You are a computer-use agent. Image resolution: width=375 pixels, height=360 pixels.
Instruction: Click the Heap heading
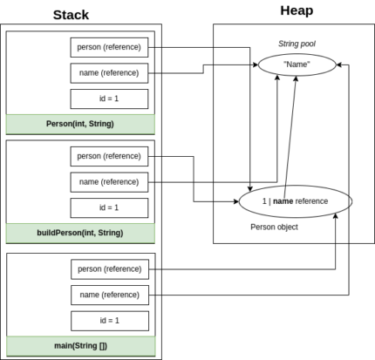point(297,10)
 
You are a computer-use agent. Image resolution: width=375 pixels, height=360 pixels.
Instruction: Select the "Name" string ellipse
point(297,64)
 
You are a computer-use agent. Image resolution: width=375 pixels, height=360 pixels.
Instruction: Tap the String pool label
point(297,42)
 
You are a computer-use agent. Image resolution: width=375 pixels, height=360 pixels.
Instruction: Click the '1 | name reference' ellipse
point(295,200)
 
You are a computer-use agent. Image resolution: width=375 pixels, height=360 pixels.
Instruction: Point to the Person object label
point(274,227)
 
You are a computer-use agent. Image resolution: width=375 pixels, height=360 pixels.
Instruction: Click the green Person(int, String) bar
point(80,124)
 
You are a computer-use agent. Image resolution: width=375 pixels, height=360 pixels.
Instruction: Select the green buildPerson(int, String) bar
point(80,233)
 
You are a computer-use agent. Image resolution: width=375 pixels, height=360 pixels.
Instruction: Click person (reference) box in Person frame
point(109,46)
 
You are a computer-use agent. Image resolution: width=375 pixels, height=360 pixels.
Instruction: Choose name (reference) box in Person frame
point(109,71)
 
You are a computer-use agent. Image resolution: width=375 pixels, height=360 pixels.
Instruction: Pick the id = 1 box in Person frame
point(109,98)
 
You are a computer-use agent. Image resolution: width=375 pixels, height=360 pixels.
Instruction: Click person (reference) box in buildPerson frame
point(109,156)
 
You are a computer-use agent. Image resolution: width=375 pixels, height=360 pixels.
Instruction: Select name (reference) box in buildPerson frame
point(109,181)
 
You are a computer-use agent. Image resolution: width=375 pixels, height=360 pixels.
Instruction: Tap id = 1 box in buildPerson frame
point(109,207)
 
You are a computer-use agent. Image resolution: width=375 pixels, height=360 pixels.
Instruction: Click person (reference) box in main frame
point(109,268)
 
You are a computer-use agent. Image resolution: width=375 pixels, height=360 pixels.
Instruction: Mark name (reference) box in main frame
point(109,294)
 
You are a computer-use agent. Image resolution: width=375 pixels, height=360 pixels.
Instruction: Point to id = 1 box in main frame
point(109,320)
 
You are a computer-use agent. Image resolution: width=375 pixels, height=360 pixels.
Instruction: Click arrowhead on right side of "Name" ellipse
point(341,64)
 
